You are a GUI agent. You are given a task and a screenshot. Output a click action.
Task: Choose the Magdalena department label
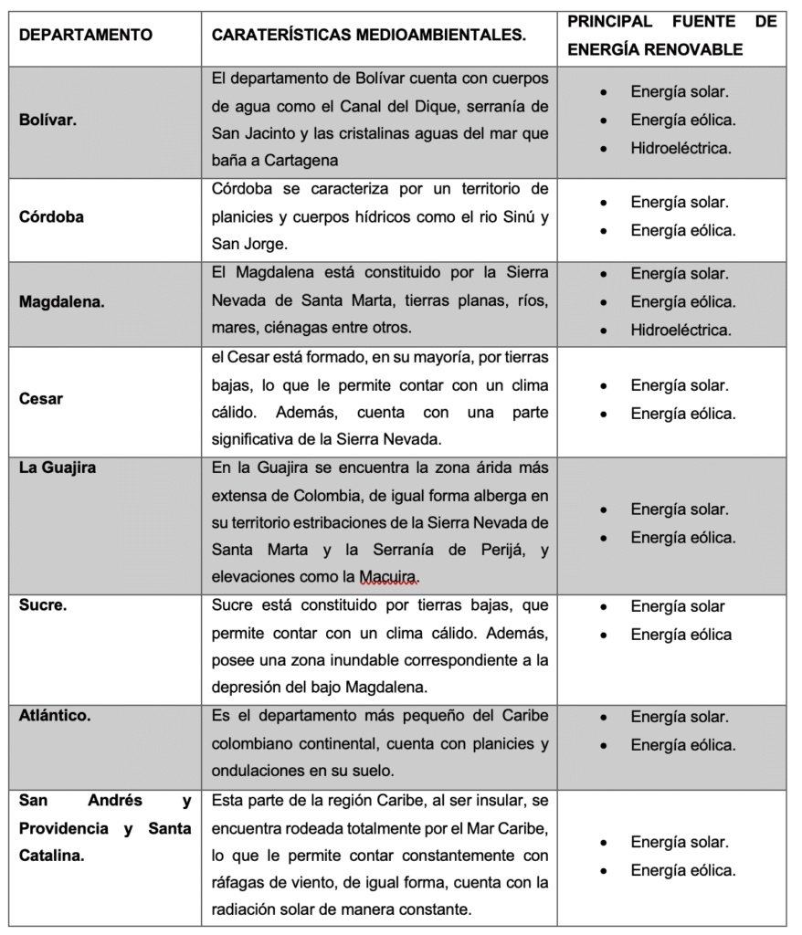tap(61, 302)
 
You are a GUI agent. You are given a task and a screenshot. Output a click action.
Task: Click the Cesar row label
tap(42, 398)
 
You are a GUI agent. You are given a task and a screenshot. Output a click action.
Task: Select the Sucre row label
tap(43, 605)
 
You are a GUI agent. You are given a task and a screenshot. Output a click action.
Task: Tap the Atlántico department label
tap(55, 716)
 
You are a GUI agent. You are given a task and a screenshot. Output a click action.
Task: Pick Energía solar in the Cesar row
tap(680, 385)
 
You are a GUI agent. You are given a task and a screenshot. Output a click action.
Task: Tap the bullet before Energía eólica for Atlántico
tap(603, 745)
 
